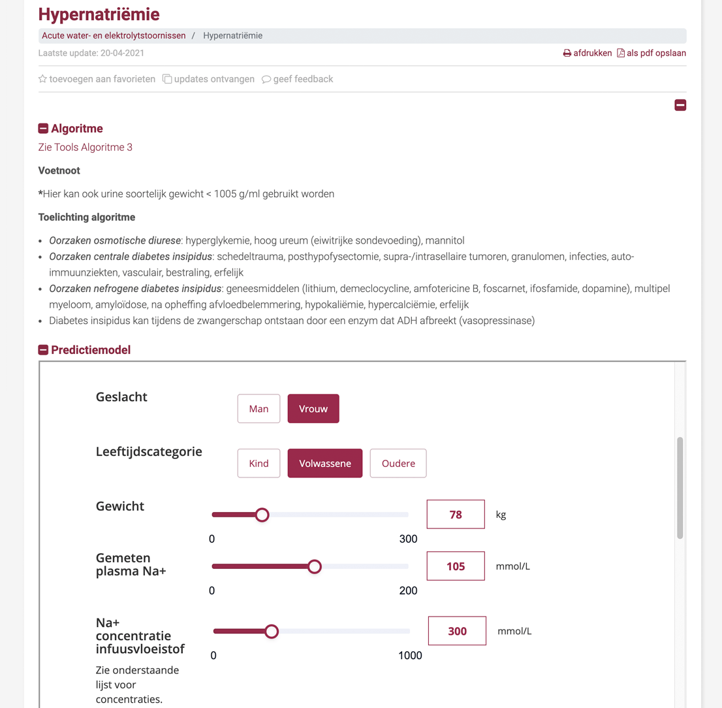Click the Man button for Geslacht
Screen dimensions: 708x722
(x=259, y=409)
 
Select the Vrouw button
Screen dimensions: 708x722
(x=313, y=409)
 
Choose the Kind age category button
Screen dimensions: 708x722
(x=259, y=463)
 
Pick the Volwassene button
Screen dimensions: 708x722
(x=325, y=463)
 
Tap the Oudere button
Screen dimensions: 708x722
(x=398, y=463)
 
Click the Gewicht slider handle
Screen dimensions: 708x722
(x=262, y=515)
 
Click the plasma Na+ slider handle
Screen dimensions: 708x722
(x=315, y=566)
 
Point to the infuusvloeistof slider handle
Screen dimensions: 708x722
(x=272, y=632)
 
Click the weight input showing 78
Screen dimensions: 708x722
(x=456, y=515)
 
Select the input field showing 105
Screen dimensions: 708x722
(x=456, y=566)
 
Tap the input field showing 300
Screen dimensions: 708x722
(x=457, y=632)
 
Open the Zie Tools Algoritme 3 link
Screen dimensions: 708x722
(x=86, y=148)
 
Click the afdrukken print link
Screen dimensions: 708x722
(x=588, y=53)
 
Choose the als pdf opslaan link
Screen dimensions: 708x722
(x=651, y=53)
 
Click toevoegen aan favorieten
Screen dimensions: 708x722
(x=97, y=79)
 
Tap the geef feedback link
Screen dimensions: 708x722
(x=298, y=79)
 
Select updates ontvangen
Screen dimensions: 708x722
(x=208, y=79)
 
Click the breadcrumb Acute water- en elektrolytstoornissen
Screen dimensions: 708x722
(x=114, y=35)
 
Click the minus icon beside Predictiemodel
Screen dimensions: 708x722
(x=43, y=350)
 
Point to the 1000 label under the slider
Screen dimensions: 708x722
(x=410, y=656)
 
